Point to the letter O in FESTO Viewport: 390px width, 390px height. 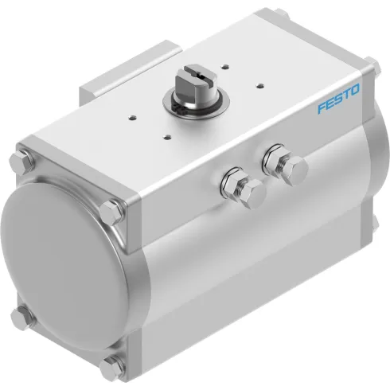[x=356, y=98]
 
